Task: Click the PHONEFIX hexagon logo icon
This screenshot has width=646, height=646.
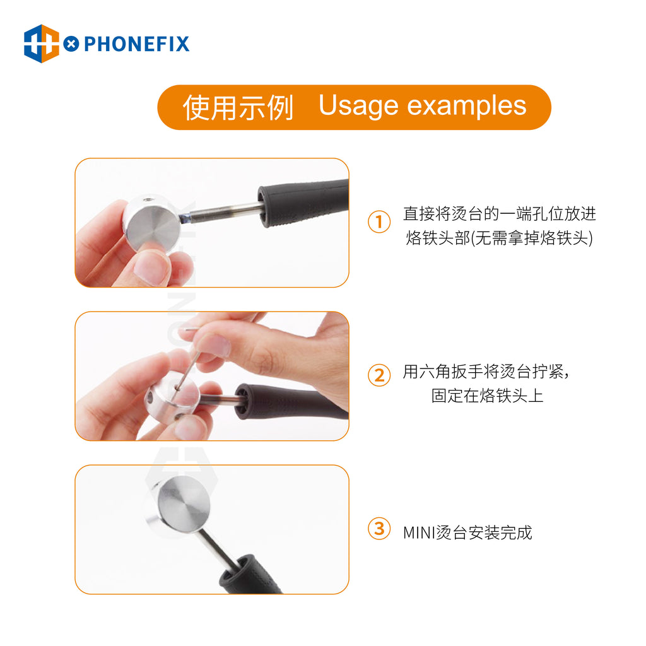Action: tap(41, 44)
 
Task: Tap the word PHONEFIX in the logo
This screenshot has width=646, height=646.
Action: tap(136, 44)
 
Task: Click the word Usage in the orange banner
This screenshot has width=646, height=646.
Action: tap(358, 106)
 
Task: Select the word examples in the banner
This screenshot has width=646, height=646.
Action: tap(467, 106)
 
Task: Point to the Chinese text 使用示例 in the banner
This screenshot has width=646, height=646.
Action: tap(238, 107)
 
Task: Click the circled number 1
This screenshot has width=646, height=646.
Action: tap(379, 221)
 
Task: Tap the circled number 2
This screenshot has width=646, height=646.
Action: tap(379, 375)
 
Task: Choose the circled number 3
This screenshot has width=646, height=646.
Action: tap(379, 529)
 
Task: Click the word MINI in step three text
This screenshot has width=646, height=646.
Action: tap(419, 532)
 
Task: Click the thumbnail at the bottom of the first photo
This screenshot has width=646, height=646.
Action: tap(151, 267)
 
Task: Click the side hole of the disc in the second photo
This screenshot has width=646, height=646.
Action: tap(150, 397)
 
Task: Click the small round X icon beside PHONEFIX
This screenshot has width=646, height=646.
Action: tap(71, 44)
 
